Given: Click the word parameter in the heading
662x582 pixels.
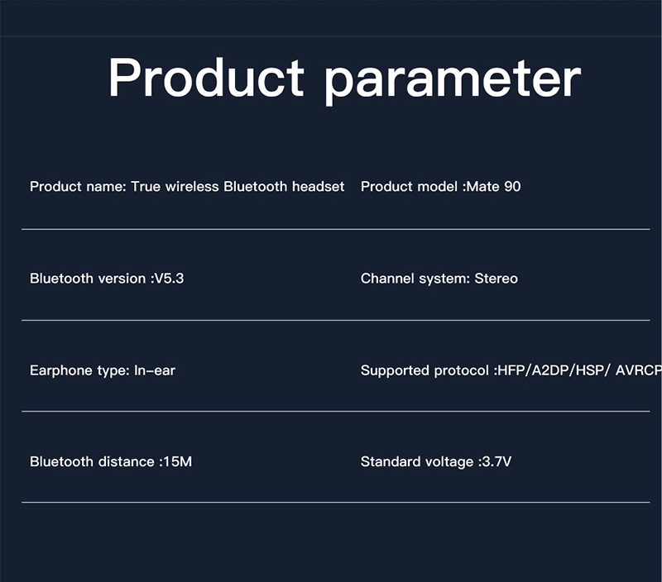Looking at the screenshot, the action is [453, 80].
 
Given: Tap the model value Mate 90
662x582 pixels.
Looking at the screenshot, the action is [493, 186].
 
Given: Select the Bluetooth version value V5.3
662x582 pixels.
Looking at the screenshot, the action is [170, 279].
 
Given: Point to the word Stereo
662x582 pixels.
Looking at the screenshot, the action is [496, 279].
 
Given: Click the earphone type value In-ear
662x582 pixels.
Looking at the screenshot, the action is [155, 370].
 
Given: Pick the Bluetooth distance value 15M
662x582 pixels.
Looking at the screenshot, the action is [178, 461].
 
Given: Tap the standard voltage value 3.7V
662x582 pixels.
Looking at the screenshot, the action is [497, 461].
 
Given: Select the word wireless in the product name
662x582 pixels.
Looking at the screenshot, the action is [192, 186].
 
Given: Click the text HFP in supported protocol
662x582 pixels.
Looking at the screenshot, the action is [511, 370].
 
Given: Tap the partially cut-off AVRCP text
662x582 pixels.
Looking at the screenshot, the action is [639, 370].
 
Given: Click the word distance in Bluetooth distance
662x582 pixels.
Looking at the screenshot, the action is [126, 461].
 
